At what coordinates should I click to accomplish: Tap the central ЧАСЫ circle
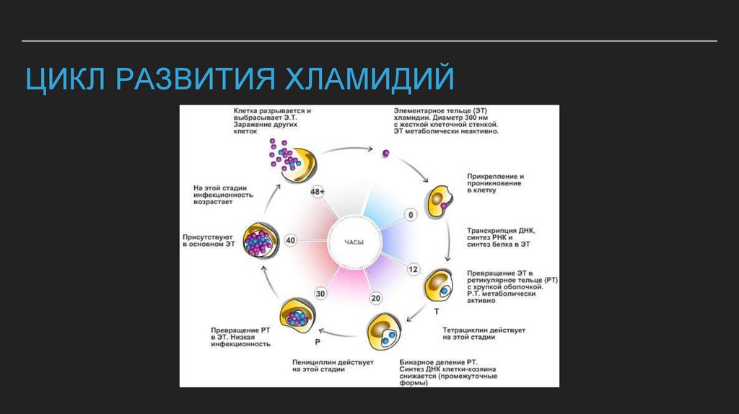(x=354, y=242)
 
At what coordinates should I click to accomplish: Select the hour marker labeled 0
(x=411, y=215)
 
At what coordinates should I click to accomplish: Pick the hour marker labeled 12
(x=413, y=269)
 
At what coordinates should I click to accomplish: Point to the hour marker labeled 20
(x=375, y=299)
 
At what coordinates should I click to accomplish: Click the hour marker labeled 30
(x=320, y=294)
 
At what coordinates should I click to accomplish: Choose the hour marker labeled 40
(x=291, y=241)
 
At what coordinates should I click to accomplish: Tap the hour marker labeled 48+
(x=317, y=193)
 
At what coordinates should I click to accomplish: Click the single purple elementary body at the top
(x=386, y=153)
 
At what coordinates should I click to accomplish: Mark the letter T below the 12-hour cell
(x=436, y=312)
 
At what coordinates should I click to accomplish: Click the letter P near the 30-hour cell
(x=317, y=340)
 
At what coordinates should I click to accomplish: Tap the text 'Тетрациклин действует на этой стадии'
(x=484, y=333)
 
